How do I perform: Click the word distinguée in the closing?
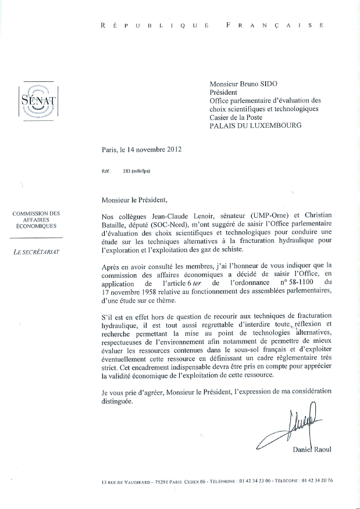[117, 401]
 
